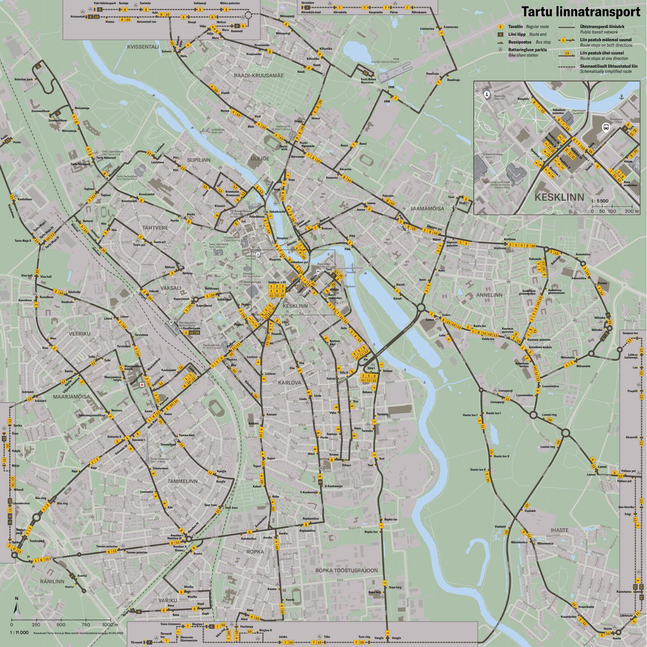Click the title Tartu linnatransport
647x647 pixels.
point(580,12)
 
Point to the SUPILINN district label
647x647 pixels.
point(198,160)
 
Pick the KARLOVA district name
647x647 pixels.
point(289,383)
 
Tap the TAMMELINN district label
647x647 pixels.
point(183,481)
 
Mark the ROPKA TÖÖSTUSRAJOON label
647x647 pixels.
point(346,570)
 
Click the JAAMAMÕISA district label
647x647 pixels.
point(427,209)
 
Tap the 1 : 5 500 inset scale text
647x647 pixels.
point(600,201)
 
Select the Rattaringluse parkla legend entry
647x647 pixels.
point(527,50)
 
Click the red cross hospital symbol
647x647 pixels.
point(142,385)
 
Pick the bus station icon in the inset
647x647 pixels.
point(606,127)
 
